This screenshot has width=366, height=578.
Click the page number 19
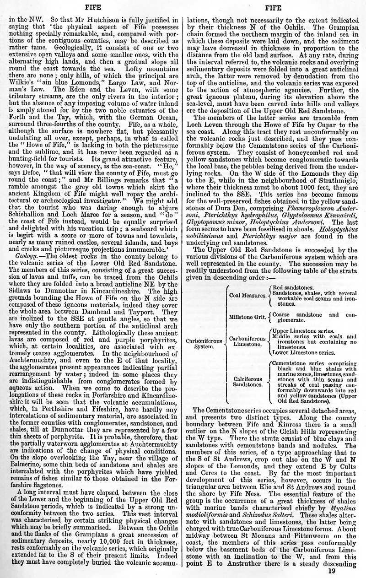click(x=332, y=571)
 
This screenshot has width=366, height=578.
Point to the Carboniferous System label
click(x=204, y=343)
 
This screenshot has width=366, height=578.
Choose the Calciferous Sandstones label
click(x=248, y=382)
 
